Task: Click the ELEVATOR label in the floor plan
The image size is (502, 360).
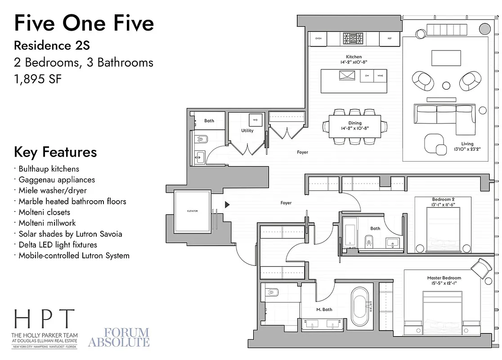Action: (192, 211)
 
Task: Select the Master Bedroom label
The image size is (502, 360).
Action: (444, 278)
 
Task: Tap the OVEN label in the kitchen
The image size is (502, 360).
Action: (318, 39)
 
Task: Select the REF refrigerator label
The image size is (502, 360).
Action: (390, 39)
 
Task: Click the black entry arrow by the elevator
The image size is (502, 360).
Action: (227, 205)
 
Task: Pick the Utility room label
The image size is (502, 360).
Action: (247, 131)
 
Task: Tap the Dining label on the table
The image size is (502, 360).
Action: (354, 123)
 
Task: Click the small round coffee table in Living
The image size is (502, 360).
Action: (446, 85)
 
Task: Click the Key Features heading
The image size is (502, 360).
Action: (55, 152)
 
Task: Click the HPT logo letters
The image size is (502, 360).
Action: (44, 319)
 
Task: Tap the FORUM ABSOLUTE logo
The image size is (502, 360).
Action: (119, 337)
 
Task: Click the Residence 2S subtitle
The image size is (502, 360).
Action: (55, 45)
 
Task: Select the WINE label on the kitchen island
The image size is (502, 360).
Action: (380, 76)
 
